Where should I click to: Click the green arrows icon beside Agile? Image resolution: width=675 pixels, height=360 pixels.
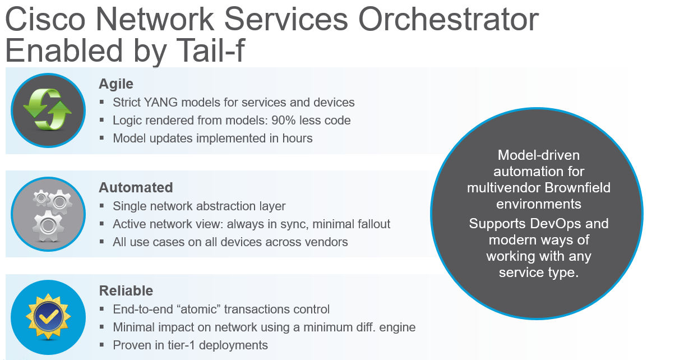click(48, 110)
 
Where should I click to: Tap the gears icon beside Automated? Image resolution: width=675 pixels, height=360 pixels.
click(48, 214)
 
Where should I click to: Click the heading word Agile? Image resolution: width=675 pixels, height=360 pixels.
click(116, 84)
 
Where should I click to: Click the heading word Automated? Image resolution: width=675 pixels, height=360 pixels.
click(136, 187)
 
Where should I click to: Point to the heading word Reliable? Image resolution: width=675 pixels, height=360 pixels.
click(126, 291)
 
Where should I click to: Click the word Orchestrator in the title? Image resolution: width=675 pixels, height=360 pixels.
click(448, 20)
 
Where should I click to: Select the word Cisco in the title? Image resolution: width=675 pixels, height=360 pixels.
click(45, 20)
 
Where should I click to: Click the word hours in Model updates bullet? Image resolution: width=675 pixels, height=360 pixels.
click(295, 138)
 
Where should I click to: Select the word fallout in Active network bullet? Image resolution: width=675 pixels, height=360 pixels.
click(370, 224)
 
